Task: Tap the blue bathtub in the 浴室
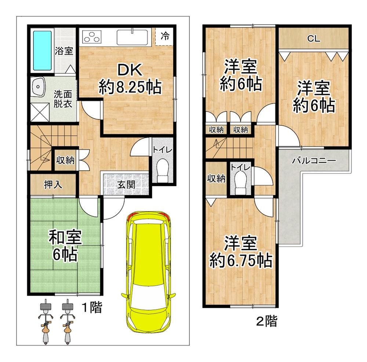tap(42, 51)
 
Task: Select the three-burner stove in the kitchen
tap(92, 37)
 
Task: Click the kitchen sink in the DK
tap(132, 37)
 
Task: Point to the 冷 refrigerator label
tap(165, 36)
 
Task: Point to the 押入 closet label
tap(53, 184)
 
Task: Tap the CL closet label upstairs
tap(314, 39)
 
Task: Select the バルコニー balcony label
tap(314, 161)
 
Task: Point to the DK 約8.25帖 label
tap(130, 79)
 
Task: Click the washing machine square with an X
tap(40, 112)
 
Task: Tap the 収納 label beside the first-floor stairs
tap(65, 160)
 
